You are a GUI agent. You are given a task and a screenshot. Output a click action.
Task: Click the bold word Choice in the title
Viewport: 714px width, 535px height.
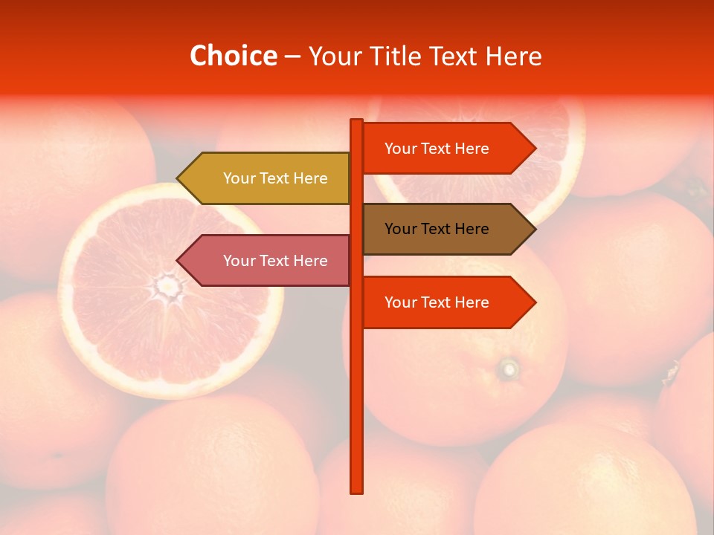coord(233,56)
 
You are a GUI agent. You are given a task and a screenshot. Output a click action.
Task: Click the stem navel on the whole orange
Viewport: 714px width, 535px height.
coord(509,368)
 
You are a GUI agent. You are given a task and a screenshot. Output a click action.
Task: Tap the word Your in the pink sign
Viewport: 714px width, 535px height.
coord(239,261)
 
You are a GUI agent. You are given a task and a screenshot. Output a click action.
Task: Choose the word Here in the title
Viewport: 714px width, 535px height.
coord(513,56)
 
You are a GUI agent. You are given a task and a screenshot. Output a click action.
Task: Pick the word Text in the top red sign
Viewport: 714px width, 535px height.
coord(437,149)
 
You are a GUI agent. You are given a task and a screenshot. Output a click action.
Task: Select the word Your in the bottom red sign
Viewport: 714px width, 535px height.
coord(400,302)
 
